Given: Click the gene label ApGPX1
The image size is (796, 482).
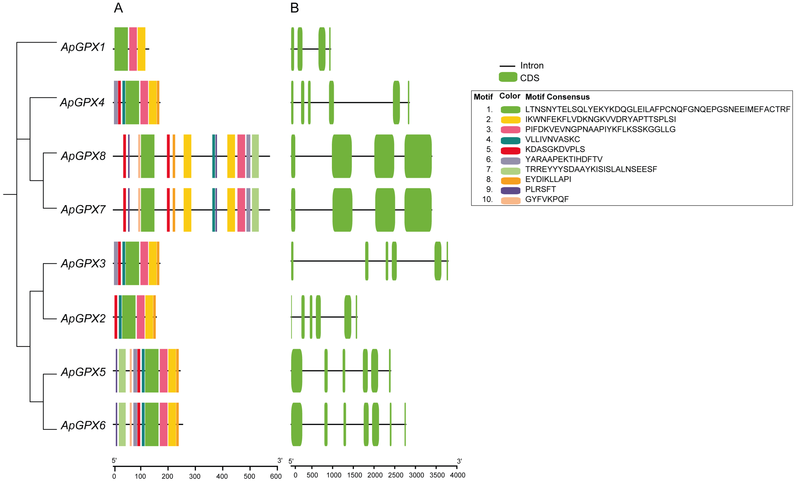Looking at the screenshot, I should [x=83, y=47].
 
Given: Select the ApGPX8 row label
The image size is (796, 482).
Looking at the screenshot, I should [x=83, y=156].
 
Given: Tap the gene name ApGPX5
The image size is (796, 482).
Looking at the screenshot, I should [x=83, y=372].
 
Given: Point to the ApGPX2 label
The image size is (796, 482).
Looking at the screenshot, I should [x=83, y=318].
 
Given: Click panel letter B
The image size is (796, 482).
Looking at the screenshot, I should [x=294, y=8].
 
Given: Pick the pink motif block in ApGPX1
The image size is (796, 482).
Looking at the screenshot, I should [x=133, y=49].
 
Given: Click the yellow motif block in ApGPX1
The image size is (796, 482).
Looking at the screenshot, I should [x=142, y=49].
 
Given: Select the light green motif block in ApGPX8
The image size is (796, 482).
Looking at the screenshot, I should [x=255, y=156].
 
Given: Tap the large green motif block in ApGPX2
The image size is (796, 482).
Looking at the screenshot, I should [x=129, y=317].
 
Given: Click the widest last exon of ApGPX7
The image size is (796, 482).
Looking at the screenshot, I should [x=418, y=210].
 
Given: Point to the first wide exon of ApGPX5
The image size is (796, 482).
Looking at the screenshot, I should [x=297, y=371].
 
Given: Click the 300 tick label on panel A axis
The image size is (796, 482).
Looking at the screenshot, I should [x=194, y=476].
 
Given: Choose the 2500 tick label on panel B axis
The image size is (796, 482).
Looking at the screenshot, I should [x=395, y=475].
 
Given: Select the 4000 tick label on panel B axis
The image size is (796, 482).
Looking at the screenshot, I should [x=457, y=475].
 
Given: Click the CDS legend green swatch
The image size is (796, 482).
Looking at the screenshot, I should [x=508, y=77].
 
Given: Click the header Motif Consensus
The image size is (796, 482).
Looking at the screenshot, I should [x=557, y=97].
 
